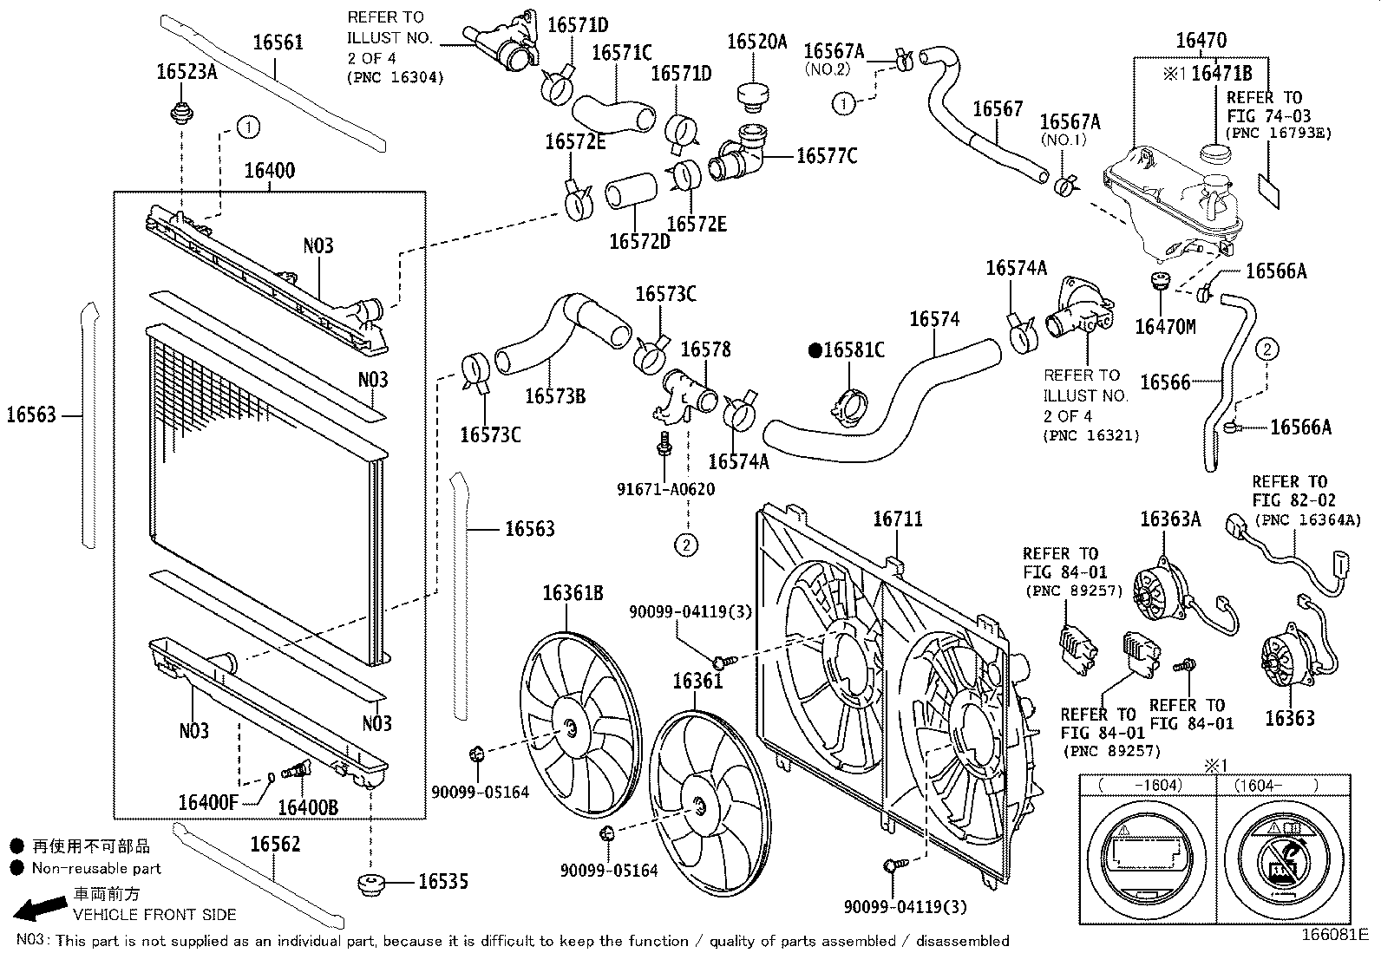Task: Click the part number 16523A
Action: [x=187, y=72]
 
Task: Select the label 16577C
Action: [x=827, y=156]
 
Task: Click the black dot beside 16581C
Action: [x=815, y=350]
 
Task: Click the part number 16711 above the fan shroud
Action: [x=897, y=519]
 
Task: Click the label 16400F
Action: [x=207, y=801]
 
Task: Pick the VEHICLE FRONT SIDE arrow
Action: [x=38, y=909]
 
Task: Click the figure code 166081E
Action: [x=1334, y=935]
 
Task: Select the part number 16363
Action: [x=1289, y=718]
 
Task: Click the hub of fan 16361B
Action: [x=569, y=728]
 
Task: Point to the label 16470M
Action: [x=1164, y=327]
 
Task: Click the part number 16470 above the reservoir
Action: [x=1201, y=41]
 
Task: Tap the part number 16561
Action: [x=278, y=42]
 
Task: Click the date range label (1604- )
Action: [x=1269, y=785]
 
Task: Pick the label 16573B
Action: [x=555, y=396]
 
